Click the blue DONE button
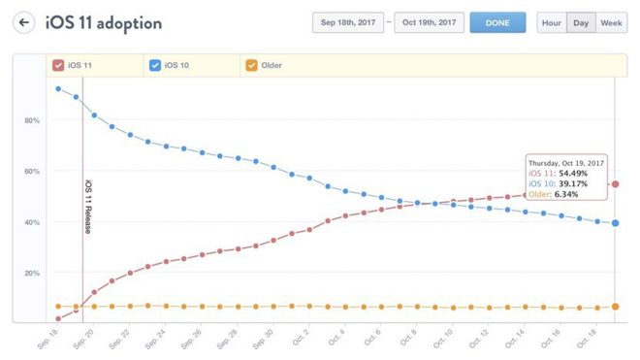click(x=497, y=22)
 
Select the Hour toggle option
click(x=551, y=22)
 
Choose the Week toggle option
click(x=611, y=22)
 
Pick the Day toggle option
click(x=581, y=22)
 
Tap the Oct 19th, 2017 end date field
click(x=429, y=22)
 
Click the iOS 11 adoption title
click(x=104, y=22)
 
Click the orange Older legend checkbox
click(x=251, y=66)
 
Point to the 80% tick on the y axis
click(x=32, y=120)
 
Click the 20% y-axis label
click(x=32, y=273)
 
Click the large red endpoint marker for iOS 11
click(x=616, y=184)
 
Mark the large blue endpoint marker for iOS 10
click(x=616, y=223)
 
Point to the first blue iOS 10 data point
click(x=59, y=89)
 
